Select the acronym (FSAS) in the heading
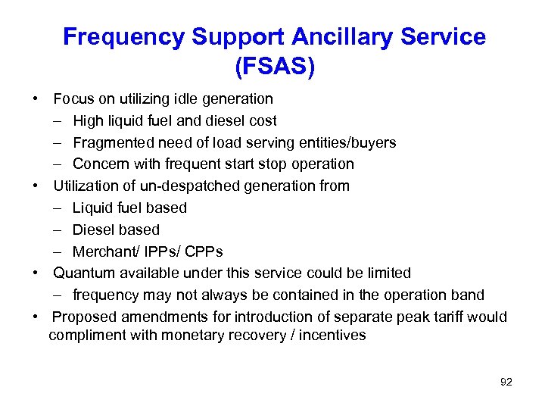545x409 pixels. click(x=275, y=67)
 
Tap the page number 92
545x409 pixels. click(x=506, y=382)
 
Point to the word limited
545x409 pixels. click(x=386, y=273)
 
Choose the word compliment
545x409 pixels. click(x=85, y=335)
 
